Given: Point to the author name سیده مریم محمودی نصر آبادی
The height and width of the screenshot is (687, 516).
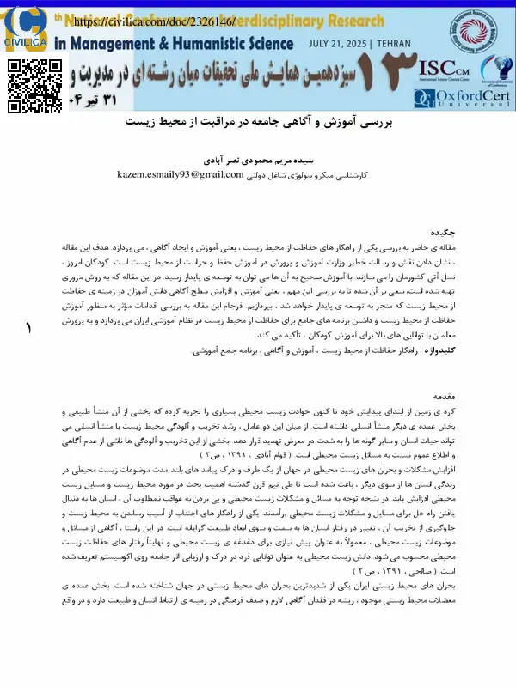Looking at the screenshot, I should (x=259, y=160).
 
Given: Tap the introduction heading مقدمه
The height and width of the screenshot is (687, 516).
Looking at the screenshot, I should (x=443, y=398).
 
